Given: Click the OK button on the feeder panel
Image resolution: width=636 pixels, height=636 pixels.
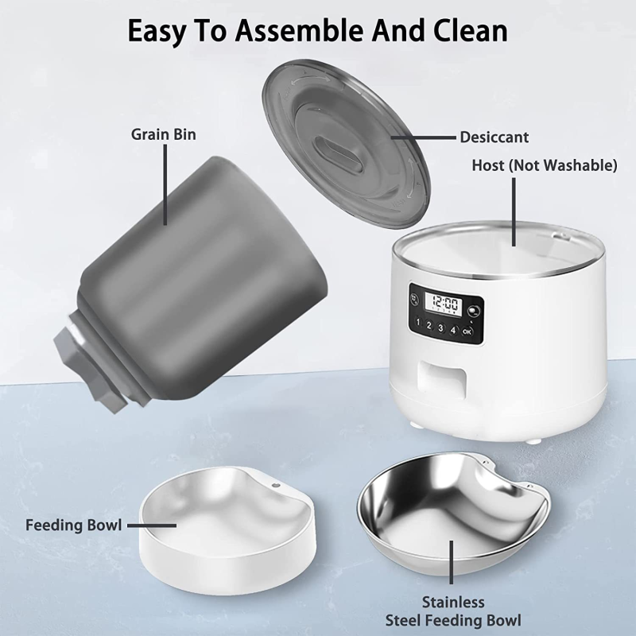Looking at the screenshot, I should pyautogui.click(x=467, y=331).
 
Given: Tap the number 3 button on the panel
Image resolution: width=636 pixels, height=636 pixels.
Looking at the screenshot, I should pyautogui.click(x=440, y=328).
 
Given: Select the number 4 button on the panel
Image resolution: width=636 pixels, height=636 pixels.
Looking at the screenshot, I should pyautogui.click(x=453, y=329).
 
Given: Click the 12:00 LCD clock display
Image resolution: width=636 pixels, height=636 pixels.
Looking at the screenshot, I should pyautogui.click(x=442, y=304).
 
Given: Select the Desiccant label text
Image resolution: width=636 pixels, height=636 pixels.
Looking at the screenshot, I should pyautogui.click(x=494, y=138).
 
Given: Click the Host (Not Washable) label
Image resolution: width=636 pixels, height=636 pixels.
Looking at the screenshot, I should pyautogui.click(x=544, y=165).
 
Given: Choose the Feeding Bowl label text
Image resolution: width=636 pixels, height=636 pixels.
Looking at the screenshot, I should pyautogui.click(x=73, y=525).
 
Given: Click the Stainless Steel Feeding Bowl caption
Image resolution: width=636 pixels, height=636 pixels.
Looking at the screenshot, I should pyautogui.click(x=452, y=611).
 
